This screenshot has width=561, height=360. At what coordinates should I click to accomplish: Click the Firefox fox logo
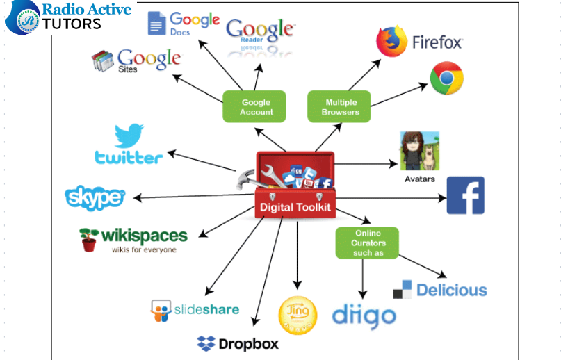coord(392,42)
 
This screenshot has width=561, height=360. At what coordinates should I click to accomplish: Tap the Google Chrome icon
coord(447,78)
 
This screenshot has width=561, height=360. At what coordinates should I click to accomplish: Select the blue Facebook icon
coord(465,195)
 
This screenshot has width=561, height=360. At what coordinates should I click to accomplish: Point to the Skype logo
coord(95,198)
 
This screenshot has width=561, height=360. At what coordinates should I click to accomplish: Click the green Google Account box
coord(256,107)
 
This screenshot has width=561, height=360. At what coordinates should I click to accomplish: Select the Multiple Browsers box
coord(340,107)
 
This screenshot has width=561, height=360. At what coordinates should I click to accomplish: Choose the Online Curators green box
coord(368,243)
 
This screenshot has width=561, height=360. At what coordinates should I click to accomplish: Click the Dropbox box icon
coord(206,343)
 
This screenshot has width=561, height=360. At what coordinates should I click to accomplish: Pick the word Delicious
coord(451,290)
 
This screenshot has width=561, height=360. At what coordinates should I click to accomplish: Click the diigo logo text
coord(364,316)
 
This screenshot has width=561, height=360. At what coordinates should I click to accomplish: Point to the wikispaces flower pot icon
coord(88,238)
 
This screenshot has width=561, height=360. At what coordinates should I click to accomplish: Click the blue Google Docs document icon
coord(156,23)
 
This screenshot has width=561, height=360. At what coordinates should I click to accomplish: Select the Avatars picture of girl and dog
coord(419,150)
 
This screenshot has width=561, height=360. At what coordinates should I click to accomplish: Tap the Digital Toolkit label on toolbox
coord(295,206)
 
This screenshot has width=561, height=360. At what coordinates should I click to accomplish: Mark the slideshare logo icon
coord(161,311)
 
